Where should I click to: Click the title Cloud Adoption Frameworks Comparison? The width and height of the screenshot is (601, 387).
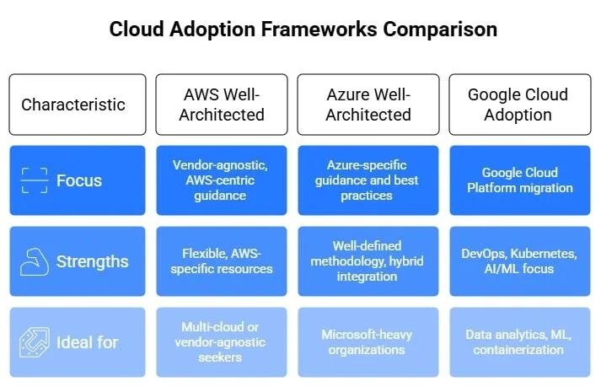click(x=303, y=30)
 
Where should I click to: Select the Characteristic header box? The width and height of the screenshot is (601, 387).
click(x=73, y=105)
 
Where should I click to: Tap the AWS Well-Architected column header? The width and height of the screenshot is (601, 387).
click(x=222, y=105)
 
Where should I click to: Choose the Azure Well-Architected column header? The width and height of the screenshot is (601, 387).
click(x=368, y=105)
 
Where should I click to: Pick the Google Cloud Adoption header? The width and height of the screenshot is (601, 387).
click(x=518, y=105)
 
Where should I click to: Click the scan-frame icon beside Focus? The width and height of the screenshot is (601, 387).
click(x=35, y=180)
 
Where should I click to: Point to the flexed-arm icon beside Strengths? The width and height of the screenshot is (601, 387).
click(x=35, y=261)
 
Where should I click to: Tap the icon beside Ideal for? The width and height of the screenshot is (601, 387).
click(x=35, y=342)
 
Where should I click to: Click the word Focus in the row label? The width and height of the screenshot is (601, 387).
click(x=79, y=180)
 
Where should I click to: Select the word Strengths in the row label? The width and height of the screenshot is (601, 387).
click(x=93, y=261)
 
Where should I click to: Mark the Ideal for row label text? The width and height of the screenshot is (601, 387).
click(x=88, y=342)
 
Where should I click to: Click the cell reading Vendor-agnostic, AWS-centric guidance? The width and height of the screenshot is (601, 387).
click(x=222, y=180)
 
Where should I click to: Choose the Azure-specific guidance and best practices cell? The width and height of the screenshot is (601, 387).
click(x=368, y=180)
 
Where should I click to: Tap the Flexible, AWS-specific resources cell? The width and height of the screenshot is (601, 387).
click(x=222, y=261)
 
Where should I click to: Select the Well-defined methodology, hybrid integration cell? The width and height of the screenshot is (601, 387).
click(x=368, y=261)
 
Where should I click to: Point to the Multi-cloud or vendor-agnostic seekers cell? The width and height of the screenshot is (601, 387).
click(x=222, y=342)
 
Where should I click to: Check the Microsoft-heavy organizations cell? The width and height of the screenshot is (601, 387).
click(x=368, y=342)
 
